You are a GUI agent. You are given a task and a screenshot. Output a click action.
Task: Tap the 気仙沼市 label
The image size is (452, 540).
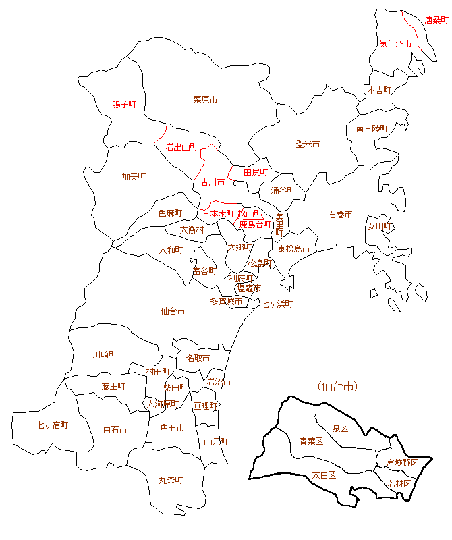(x=395, y=43)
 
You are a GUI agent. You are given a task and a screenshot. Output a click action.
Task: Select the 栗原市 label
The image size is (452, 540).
(x=205, y=100)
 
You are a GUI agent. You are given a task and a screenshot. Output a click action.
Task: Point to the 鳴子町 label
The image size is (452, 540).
(x=124, y=105)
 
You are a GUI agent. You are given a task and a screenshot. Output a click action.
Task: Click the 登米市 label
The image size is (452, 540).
(x=308, y=144)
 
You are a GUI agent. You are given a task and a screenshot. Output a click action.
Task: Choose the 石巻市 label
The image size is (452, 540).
(x=340, y=215)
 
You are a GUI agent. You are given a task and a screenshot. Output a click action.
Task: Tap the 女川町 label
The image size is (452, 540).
(x=380, y=227)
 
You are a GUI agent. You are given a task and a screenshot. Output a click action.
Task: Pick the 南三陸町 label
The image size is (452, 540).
(x=372, y=128)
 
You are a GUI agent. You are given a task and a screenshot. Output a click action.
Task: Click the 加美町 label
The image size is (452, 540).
(x=134, y=177)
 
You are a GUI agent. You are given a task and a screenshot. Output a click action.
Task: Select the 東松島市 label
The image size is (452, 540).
(x=293, y=249)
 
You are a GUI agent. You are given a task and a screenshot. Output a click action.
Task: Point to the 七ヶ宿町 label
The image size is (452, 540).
(x=52, y=425)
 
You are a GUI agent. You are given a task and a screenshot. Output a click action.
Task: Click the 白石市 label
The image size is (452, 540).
(x=115, y=430)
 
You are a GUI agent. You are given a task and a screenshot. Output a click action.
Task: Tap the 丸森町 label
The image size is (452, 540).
(x=171, y=481)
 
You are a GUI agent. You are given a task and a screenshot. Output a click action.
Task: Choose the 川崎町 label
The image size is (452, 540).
(x=105, y=354)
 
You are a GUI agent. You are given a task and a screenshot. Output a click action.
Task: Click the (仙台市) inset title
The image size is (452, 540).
(x=337, y=387)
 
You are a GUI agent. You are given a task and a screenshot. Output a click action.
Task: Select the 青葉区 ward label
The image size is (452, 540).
(x=311, y=441)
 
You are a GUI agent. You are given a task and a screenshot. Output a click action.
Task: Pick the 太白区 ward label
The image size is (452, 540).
(x=323, y=475)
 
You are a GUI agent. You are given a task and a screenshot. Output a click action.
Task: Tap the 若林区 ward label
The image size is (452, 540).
(x=400, y=484)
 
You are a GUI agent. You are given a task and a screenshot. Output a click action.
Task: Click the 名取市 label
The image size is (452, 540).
(x=198, y=358)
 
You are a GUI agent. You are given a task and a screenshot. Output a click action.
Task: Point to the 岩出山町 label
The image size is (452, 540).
(x=181, y=146)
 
